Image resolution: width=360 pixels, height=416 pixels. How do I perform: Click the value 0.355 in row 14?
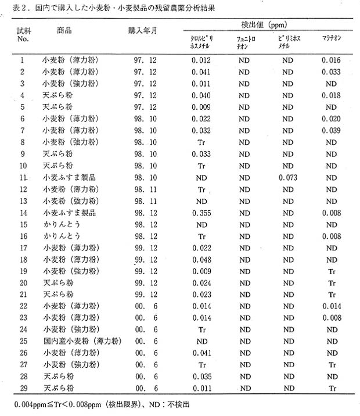point(201,213)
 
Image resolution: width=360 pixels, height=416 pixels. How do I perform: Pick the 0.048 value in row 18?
point(201,260)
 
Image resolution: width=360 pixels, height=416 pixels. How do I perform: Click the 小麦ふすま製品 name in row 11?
point(69,177)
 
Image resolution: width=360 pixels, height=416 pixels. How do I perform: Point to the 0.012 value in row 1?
point(201,60)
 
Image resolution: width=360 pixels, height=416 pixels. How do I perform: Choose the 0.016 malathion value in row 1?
point(332,60)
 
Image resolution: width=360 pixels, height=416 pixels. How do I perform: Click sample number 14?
point(22,213)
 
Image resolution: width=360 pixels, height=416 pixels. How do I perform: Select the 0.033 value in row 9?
point(201,154)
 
